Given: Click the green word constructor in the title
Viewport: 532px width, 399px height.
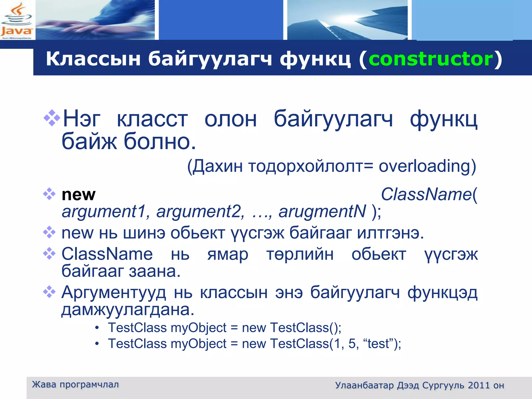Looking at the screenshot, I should pyautogui.click(x=431, y=59).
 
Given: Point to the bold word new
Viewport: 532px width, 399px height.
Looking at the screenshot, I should pyautogui.click(x=78, y=195).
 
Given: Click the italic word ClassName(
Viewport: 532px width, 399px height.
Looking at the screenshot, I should pyautogui.click(x=429, y=194).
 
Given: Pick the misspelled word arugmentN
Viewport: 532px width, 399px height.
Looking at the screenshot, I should pyautogui.click(x=322, y=211).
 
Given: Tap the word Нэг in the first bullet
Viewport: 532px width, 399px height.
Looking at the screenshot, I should pyautogui.click(x=82, y=119).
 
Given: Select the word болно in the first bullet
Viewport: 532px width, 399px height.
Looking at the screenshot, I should pyautogui.click(x=159, y=142).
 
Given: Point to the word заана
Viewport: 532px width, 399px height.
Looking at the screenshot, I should pyautogui.click(x=155, y=271).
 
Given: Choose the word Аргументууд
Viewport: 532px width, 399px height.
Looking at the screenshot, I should pyautogui.click(x=114, y=292).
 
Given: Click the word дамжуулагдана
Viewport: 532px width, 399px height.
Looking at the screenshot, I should pyautogui.click(x=128, y=310).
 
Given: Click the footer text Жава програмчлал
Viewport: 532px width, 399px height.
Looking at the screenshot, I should pyautogui.click(x=75, y=384).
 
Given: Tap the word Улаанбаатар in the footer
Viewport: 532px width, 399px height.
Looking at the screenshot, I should pyautogui.click(x=364, y=385).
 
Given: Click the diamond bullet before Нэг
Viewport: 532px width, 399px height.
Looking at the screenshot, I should pyautogui.click(x=52, y=118).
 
